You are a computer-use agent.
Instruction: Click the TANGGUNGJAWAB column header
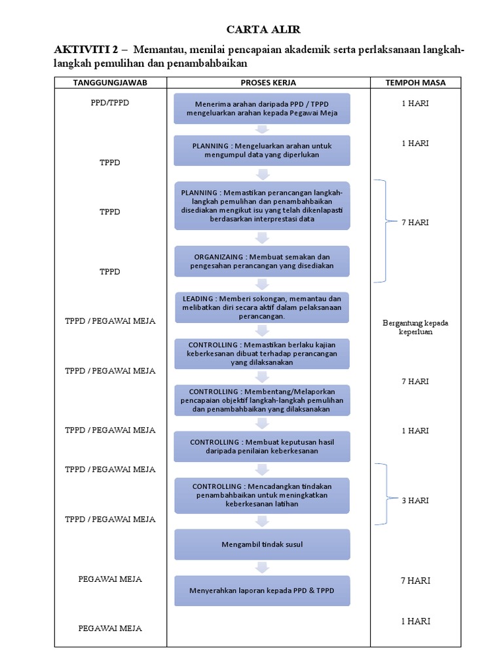tap(110, 83)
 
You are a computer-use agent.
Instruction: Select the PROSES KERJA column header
tap(268, 83)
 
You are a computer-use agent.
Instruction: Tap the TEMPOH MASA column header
tap(415, 83)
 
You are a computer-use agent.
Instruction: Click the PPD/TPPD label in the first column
tap(110, 103)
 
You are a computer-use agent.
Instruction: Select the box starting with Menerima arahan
tap(262, 108)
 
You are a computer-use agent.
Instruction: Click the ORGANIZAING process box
tap(262, 261)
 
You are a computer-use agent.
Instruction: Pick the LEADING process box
tap(262, 307)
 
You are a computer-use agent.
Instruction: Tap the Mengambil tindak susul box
tap(262, 545)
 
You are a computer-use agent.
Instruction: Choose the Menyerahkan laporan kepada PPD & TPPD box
tap(262, 590)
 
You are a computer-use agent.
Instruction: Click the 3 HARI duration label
tap(415, 500)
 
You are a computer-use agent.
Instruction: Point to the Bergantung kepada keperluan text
tap(415, 327)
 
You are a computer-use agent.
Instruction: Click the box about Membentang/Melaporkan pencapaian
tap(262, 400)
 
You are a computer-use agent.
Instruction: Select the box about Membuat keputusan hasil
tap(262, 446)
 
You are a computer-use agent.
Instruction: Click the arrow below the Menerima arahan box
tap(262, 130)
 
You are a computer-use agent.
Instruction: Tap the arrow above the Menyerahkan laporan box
tap(262, 567)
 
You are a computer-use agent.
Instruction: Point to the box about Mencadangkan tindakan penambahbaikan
tap(262, 495)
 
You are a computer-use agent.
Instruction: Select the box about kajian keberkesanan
tap(262, 353)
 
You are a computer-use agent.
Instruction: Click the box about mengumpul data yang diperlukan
tap(262, 150)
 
